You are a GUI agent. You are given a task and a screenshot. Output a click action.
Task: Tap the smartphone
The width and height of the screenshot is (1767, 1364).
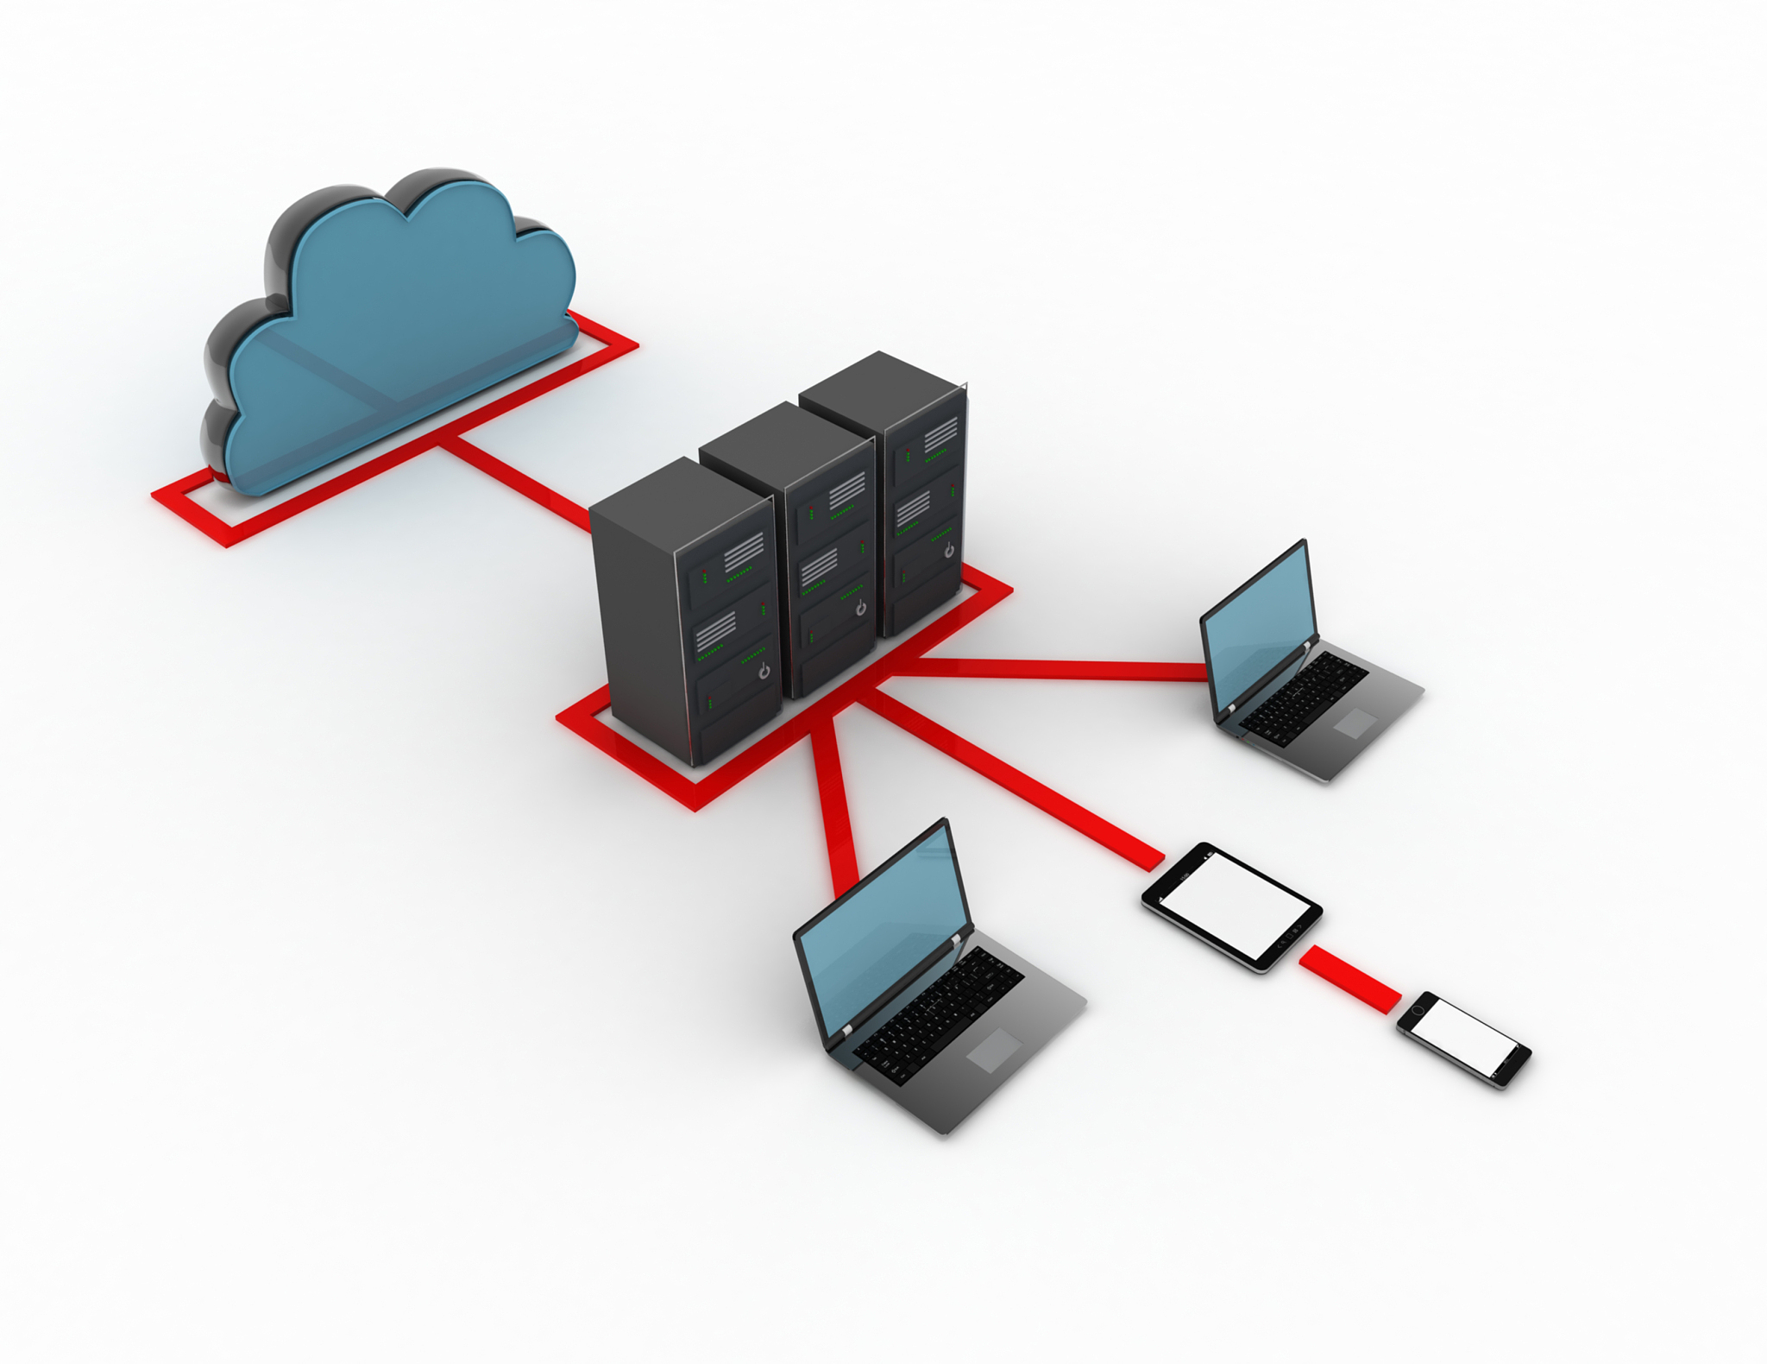point(1464,1039)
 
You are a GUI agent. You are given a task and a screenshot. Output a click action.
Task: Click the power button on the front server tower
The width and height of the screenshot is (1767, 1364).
point(764,671)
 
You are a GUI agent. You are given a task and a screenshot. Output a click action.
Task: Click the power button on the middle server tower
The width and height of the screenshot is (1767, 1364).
point(860,609)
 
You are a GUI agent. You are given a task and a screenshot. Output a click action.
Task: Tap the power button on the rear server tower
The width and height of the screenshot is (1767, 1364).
point(949,550)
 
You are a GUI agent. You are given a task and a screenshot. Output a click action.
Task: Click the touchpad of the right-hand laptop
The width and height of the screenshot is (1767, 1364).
point(1355,723)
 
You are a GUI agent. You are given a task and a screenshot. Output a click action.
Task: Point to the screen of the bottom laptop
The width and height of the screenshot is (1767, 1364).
point(880,932)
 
